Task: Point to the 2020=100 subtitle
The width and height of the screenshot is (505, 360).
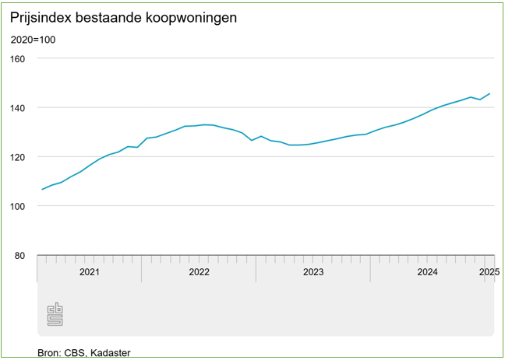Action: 33,40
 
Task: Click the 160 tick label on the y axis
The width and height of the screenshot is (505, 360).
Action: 18,58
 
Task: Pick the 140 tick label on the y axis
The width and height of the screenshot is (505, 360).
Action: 18,107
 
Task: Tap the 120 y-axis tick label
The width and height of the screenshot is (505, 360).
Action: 18,157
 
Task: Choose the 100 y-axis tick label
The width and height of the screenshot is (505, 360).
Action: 18,206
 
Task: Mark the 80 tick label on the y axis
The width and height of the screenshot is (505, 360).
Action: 20,255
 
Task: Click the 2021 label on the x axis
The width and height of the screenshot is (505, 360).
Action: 90,272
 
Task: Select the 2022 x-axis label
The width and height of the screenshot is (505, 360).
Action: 199,272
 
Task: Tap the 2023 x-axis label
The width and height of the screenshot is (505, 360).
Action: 313,272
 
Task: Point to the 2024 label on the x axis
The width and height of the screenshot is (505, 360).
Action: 427,272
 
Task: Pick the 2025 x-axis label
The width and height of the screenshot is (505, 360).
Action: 489,272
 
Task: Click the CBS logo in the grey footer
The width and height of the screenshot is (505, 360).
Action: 55,314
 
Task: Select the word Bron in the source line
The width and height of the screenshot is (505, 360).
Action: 49,354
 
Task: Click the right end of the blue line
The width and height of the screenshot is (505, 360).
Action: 489,94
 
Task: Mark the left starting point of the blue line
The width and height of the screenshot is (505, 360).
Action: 42,189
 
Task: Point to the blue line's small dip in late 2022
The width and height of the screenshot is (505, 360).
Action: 251,140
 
